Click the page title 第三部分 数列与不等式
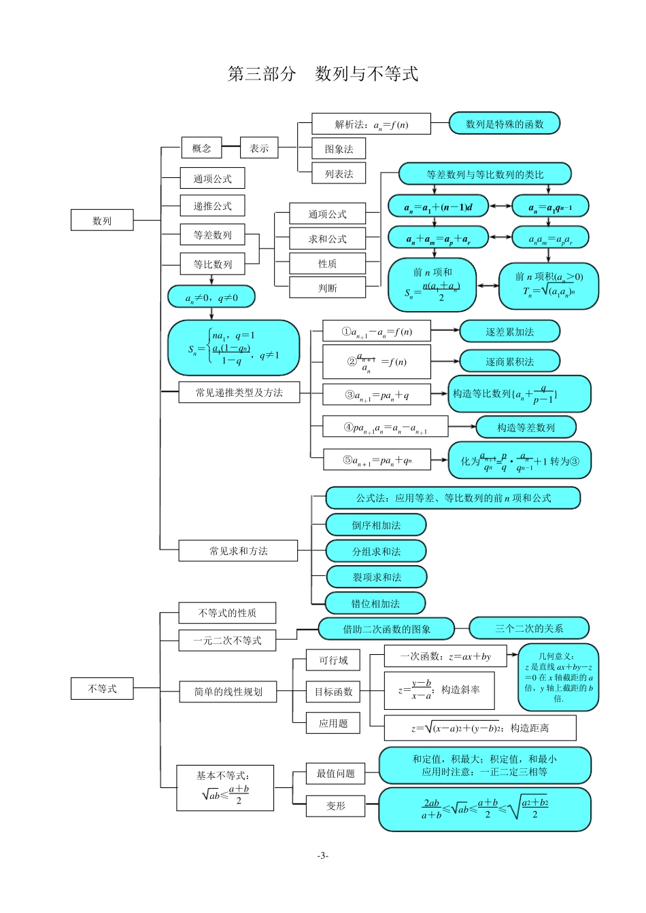click(322, 74)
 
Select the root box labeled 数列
click(102, 220)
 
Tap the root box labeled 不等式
click(102, 688)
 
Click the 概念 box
click(201, 148)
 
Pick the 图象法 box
click(339, 149)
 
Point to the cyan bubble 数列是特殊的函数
click(505, 124)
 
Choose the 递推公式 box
click(212, 206)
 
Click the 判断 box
click(327, 288)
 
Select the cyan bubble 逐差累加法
click(509, 332)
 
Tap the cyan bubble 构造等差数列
click(526, 427)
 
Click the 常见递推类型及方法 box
click(239, 392)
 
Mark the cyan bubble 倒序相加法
click(376, 525)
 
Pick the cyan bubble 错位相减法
click(375, 603)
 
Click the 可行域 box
click(333, 660)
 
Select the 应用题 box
click(333, 723)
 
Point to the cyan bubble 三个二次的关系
click(528, 628)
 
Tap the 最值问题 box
click(335, 773)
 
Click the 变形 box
click(335, 806)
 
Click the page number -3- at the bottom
click(323, 855)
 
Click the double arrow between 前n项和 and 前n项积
click(487, 286)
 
